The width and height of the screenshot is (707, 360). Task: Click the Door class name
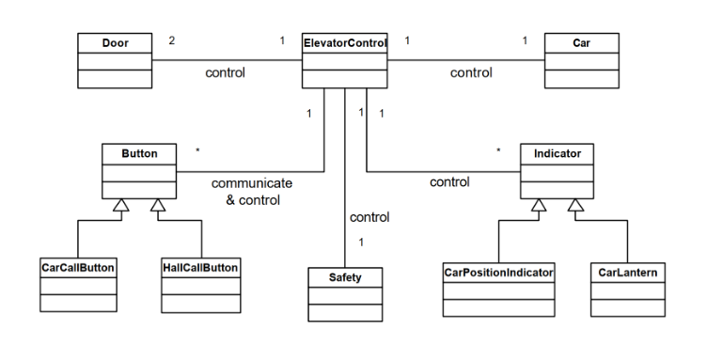pos(102,42)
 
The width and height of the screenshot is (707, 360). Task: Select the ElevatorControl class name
pos(346,42)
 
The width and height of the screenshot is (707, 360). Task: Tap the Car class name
pos(581,42)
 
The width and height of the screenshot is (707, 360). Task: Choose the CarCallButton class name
pos(78,268)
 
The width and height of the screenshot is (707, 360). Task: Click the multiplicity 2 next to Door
pos(171,41)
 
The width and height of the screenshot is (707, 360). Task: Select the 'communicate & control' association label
pos(251,191)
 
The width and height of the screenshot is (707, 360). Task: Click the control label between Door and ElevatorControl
pos(227,72)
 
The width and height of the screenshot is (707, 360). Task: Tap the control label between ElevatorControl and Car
pos(471,72)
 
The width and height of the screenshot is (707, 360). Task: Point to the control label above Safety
pos(369,217)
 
